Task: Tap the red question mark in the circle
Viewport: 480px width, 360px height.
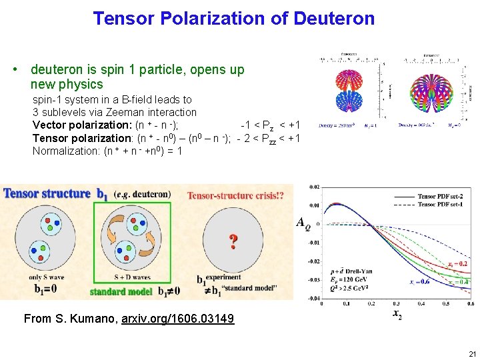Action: coord(233,241)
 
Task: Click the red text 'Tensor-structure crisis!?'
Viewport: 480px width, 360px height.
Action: coord(235,195)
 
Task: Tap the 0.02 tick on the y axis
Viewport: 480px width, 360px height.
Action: coord(314,187)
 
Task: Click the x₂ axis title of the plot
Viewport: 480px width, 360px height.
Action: coord(397,313)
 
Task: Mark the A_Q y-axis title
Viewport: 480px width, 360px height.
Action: coord(303,222)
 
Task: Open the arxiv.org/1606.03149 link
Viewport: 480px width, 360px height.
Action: coord(178,319)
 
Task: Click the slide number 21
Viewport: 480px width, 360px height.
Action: coord(472,353)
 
